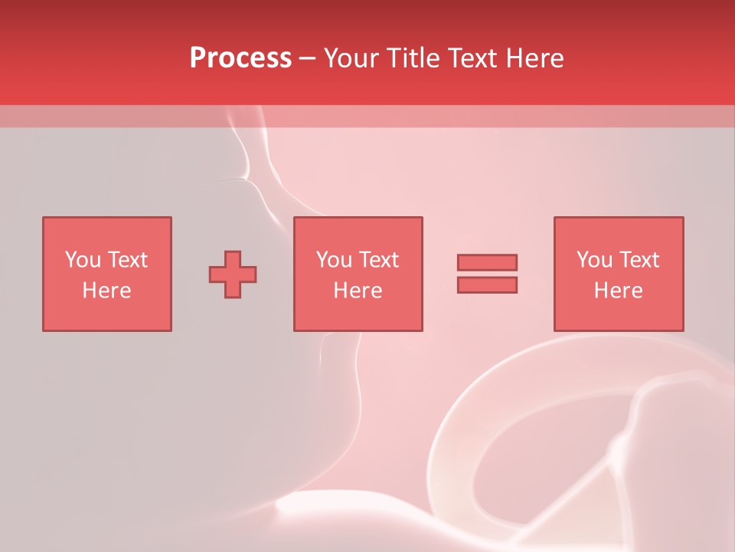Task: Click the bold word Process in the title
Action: pyautogui.click(x=240, y=58)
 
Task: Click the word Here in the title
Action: pyautogui.click(x=536, y=58)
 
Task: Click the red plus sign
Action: pyautogui.click(x=233, y=274)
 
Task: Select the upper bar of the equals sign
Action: pyautogui.click(x=487, y=262)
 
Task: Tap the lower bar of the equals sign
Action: pyautogui.click(x=487, y=285)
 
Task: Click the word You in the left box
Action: pyautogui.click(x=83, y=260)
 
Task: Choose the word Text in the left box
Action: pyautogui.click(x=127, y=260)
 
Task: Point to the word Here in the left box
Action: pyautogui.click(x=106, y=291)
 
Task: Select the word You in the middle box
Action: pyautogui.click(x=334, y=260)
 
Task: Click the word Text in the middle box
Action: pyautogui.click(x=378, y=260)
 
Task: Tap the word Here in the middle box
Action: pyautogui.click(x=358, y=291)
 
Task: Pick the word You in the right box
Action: pyautogui.click(x=594, y=260)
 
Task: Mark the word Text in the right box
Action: pyautogui.click(x=639, y=260)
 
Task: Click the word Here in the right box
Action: pyautogui.click(x=618, y=291)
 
